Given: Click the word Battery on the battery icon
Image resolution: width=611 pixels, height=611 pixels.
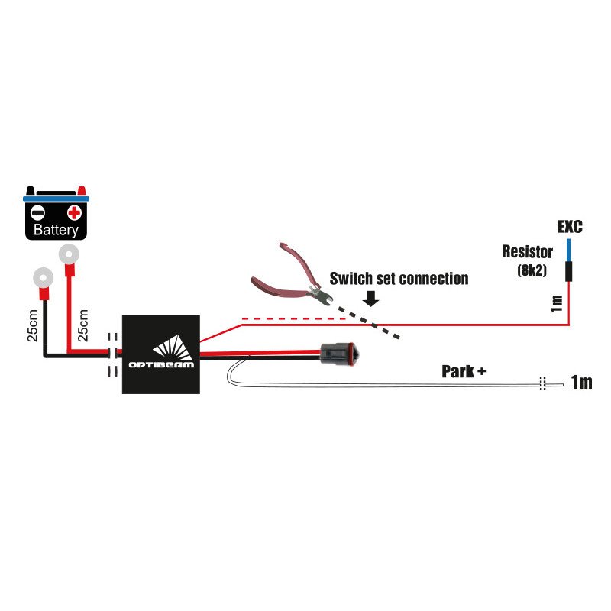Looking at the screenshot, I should coord(57,230).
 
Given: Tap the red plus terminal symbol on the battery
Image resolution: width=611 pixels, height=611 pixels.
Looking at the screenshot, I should coord(74,212).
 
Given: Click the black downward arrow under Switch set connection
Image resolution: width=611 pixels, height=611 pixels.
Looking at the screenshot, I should coord(370,298).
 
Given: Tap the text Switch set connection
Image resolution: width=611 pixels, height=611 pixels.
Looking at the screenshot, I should coord(399,279).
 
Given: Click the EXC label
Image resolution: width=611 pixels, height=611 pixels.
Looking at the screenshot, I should coord(569,227).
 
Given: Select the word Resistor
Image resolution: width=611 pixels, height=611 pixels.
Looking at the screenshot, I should coord(528,251).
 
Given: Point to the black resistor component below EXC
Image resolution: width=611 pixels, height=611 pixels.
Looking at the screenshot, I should coord(568,271).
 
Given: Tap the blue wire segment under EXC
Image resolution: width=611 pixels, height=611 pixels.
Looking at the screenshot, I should coord(568,249).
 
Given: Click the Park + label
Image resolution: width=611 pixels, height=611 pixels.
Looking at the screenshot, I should coord(464,373).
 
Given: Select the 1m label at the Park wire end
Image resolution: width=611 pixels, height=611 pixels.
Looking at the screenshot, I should coord(580,382).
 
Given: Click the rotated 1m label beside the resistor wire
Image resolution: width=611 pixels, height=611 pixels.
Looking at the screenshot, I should coord(557,304).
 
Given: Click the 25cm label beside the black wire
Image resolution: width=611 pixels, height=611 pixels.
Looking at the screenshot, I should coord(33,325).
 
